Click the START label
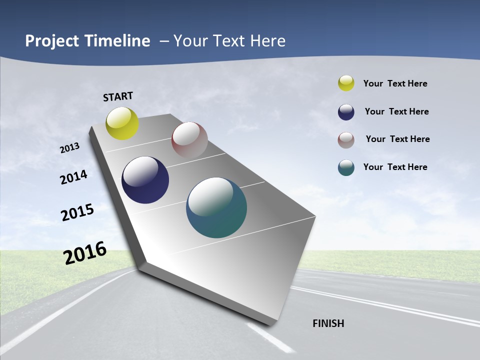[x=118, y=96]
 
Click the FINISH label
[x=328, y=323]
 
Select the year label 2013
[x=70, y=148]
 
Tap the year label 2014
[x=73, y=177]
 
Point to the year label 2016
[x=85, y=253]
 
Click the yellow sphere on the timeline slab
[x=122, y=123]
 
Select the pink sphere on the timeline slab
[x=189, y=140]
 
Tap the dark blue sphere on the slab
[x=145, y=180]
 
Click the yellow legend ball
[x=346, y=83]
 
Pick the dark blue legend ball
[x=346, y=112]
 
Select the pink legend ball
[x=346, y=140]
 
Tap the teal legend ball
[x=346, y=167]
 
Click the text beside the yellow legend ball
[x=395, y=83]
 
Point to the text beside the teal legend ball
[x=395, y=167]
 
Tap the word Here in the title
[x=267, y=41]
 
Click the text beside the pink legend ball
[x=397, y=139]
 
